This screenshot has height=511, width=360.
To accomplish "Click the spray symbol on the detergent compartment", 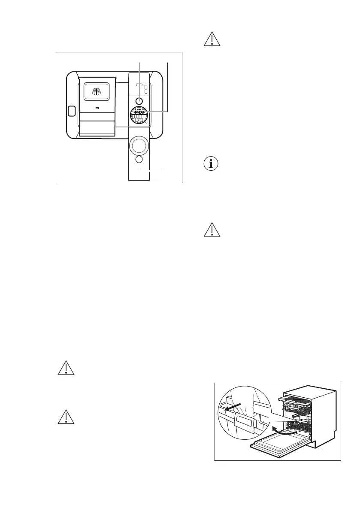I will [97, 91].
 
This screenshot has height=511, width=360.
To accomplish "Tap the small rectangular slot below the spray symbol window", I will [97, 108].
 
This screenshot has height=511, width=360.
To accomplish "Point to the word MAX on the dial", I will [139, 111].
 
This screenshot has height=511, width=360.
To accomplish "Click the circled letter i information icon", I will [209, 164].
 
